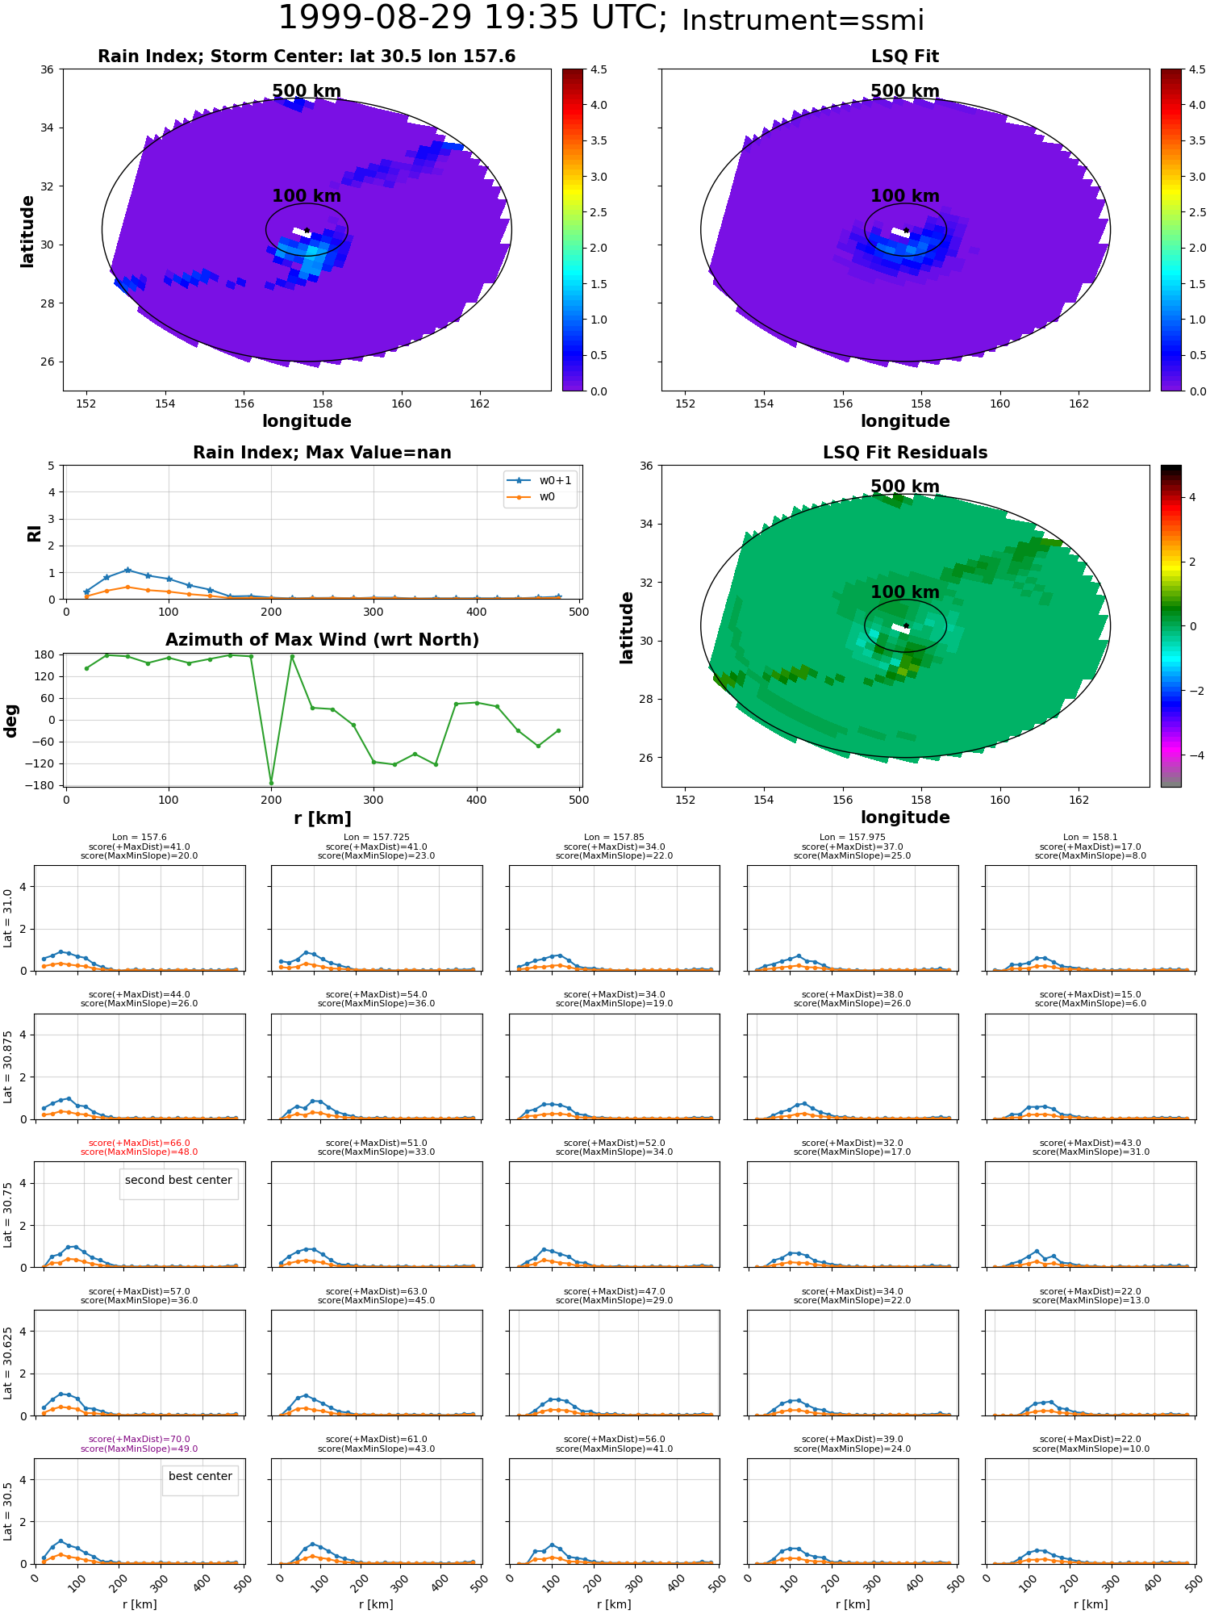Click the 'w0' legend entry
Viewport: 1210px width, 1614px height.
(x=547, y=496)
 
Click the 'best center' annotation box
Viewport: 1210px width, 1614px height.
(x=200, y=1476)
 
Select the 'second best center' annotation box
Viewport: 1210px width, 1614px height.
(x=178, y=1180)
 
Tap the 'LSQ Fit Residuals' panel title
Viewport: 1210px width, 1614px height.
(x=905, y=453)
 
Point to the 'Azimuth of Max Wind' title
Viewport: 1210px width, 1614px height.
(x=322, y=640)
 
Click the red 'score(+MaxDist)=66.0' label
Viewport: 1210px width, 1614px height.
(x=139, y=1143)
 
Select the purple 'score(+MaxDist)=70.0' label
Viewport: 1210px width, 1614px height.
(x=139, y=1439)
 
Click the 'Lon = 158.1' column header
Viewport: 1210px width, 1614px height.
(x=1091, y=838)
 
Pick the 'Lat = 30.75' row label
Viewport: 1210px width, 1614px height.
(x=8, y=1215)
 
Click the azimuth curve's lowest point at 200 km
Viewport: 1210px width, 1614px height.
(x=271, y=783)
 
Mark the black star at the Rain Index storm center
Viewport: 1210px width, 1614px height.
(x=307, y=231)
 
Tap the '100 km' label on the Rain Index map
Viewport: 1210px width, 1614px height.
(x=307, y=196)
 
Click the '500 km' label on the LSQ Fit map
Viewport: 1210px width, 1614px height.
(x=905, y=91)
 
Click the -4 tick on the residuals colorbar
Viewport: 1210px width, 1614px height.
(x=1192, y=755)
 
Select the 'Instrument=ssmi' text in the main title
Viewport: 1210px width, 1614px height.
(x=803, y=21)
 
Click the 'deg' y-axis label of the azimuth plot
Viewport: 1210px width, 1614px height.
(x=11, y=721)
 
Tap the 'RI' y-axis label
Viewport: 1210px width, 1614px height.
(x=35, y=533)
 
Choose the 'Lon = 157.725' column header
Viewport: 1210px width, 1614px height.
(x=376, y=838)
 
